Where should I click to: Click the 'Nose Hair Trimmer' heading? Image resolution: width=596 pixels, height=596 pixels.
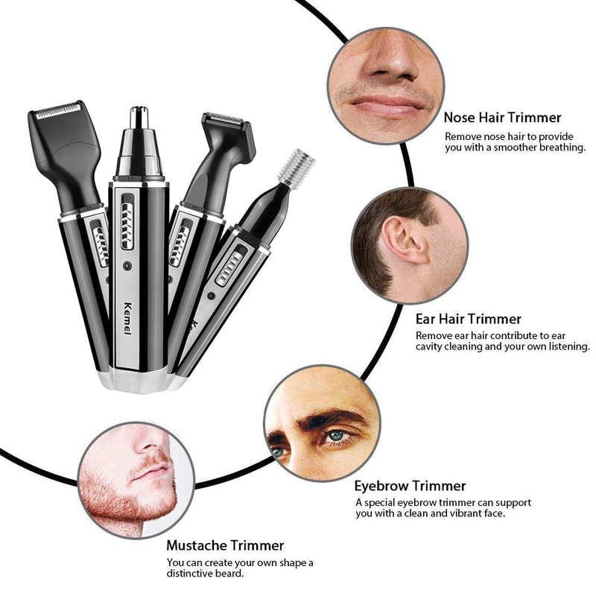[x=502, y=118]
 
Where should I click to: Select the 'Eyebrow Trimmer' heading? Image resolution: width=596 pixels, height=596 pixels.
[x=410, y=486]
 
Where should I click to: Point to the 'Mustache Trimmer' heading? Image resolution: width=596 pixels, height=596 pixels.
[x=225, y=546]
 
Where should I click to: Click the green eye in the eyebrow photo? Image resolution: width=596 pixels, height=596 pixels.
[x=337, y=435]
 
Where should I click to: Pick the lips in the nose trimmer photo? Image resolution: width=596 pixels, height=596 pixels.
[x=384, y=104]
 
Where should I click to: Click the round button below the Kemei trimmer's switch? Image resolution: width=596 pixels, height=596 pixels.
[x=129, y=264]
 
